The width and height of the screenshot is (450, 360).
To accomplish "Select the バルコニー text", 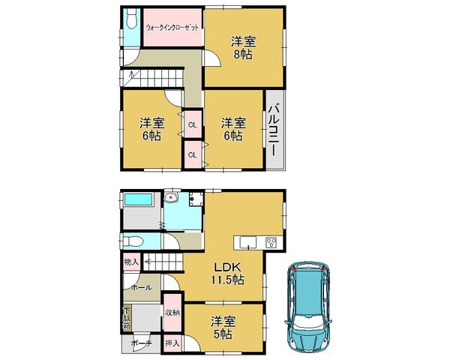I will pos(274,129).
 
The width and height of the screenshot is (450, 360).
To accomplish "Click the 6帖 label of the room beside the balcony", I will pos(232,136).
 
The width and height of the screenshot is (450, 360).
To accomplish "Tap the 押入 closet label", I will pos(172,343).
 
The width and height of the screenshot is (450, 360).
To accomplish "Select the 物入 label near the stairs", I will pos(130,262).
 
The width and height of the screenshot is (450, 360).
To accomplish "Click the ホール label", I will pos(139,287).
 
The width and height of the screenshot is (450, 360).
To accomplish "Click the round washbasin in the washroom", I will pos(172,199).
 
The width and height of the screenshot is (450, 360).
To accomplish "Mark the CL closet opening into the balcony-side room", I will pos(193,154).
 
